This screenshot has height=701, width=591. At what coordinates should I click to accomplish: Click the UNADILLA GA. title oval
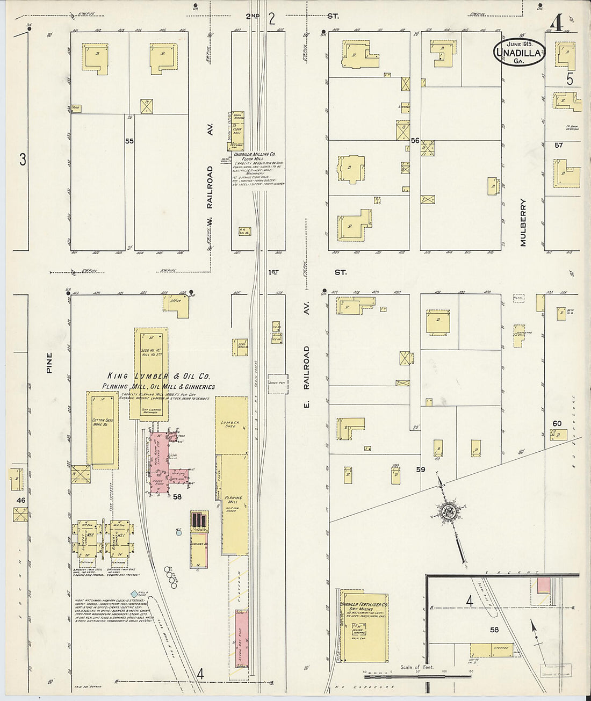[519, 52]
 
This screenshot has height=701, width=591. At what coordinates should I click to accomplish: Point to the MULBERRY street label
[523, 223]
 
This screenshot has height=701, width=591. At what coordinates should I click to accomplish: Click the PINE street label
[49, 363]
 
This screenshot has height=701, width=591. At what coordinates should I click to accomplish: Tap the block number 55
[129, 141]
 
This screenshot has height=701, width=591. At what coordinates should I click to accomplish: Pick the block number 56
[415, 140]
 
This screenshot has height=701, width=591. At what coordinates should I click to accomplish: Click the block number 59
[420, 469]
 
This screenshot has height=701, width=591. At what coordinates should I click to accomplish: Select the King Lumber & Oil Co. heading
[158, 377]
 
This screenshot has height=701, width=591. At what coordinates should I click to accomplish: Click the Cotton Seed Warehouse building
[102, 430]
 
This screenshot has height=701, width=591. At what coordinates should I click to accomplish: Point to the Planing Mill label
[234, 500]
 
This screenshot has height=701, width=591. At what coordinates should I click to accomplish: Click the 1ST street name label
[273, 272]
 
